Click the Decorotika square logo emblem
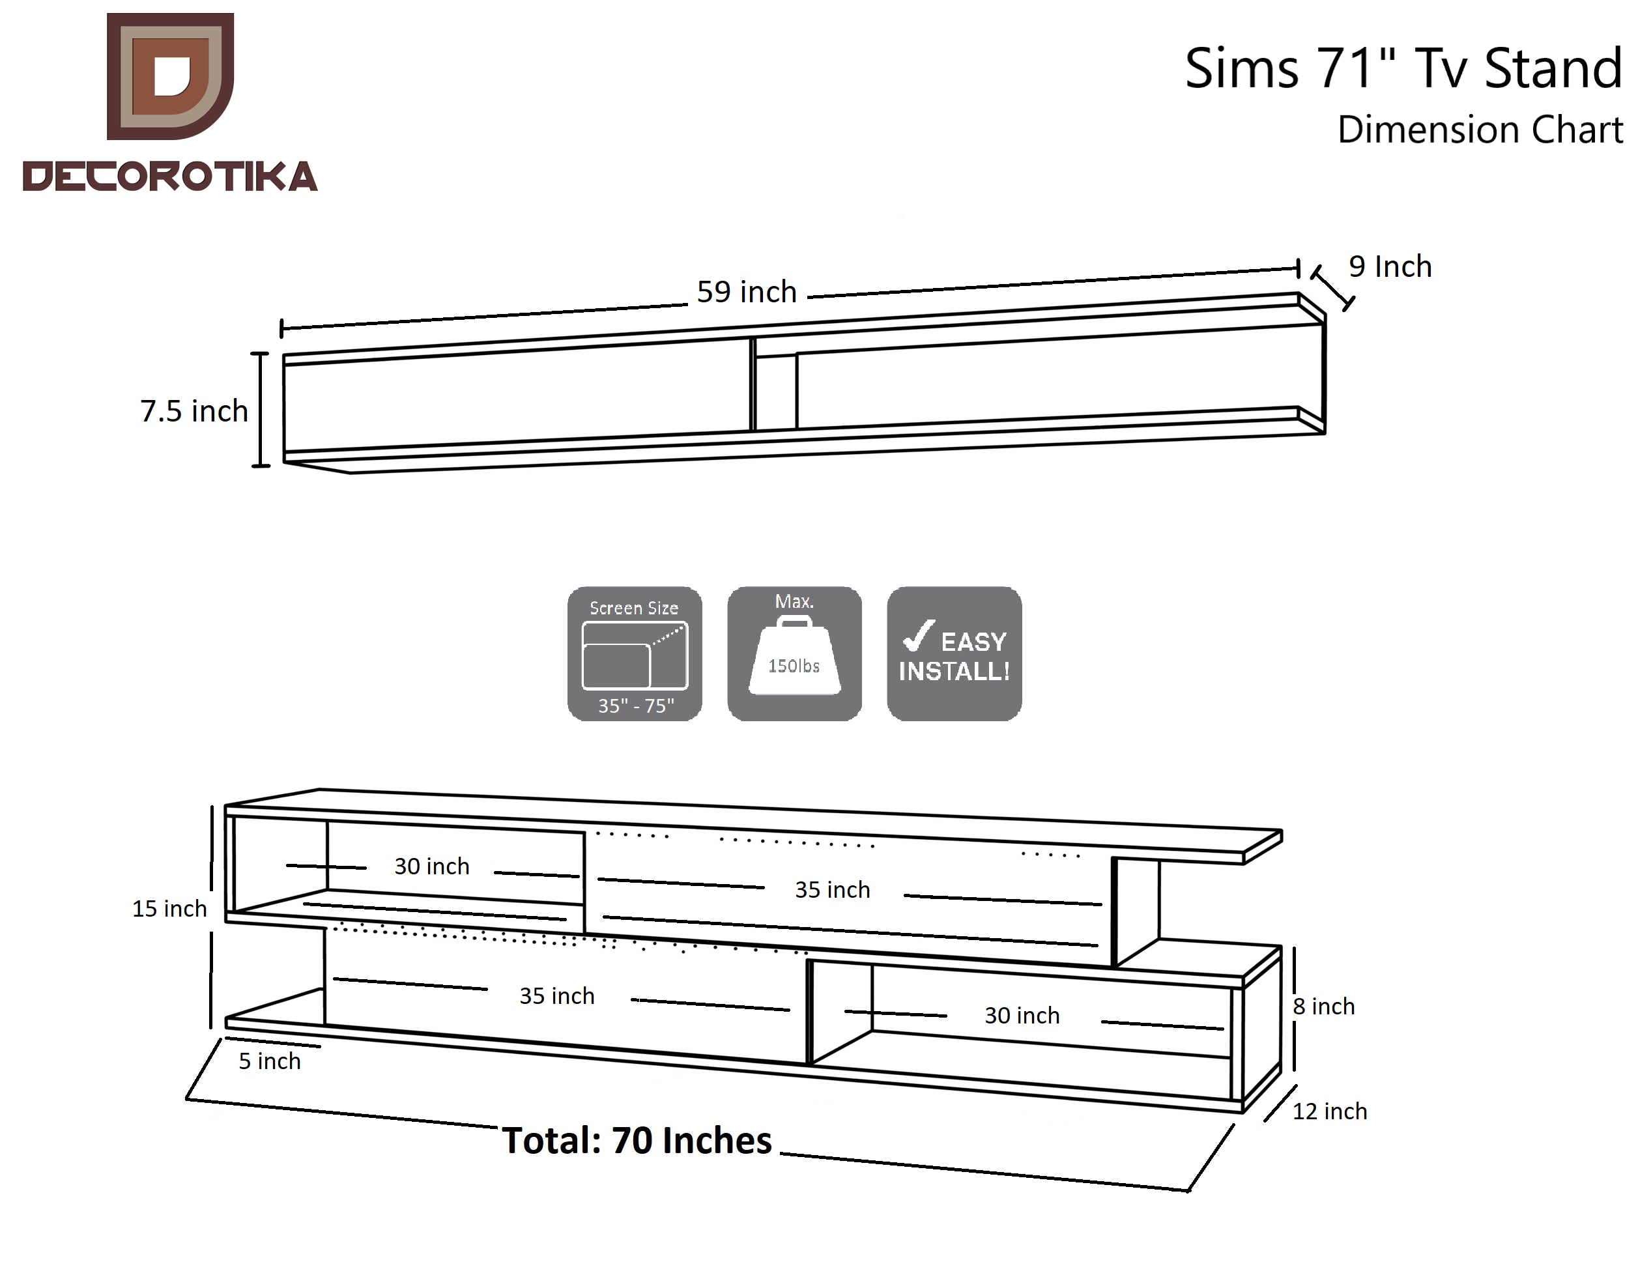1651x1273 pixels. pos(170,76)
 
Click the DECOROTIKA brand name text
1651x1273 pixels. pos(170,176)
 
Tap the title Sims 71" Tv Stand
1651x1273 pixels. pos(1403,68)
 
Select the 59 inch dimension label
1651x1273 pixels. pos(747,292)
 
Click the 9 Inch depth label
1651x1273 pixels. pos(1390,267)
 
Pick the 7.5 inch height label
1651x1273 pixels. pos(194,411)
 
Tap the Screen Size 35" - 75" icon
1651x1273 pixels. pos(634,654)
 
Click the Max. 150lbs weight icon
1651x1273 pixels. pos(794,654)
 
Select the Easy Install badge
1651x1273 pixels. pos(954,654)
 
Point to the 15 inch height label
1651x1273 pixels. pos(169,909)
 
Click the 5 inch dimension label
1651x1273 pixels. pos(270,1061)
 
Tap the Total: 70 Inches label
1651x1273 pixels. pos(637,1141)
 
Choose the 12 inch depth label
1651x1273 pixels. pos(1330,1111)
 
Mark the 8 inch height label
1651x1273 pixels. pos(1324,1007)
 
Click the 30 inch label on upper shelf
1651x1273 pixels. pos(432,866)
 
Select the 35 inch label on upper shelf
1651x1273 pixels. pos(832,890)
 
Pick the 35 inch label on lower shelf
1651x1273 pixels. pos(557,996)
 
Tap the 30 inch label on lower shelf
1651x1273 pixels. pos(1022,1015)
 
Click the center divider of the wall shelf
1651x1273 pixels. pos(775,390)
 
